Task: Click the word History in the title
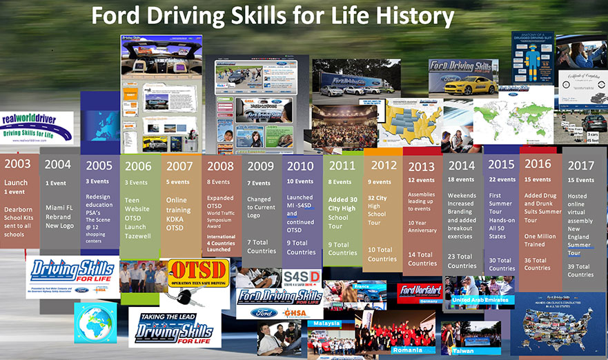click(407, 17)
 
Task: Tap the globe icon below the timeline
click(96, 321)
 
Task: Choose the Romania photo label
click(406, 350)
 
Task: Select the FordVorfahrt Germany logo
click(420, 292)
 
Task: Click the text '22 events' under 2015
click(502, 179)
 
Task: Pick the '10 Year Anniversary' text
click(422, 227)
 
